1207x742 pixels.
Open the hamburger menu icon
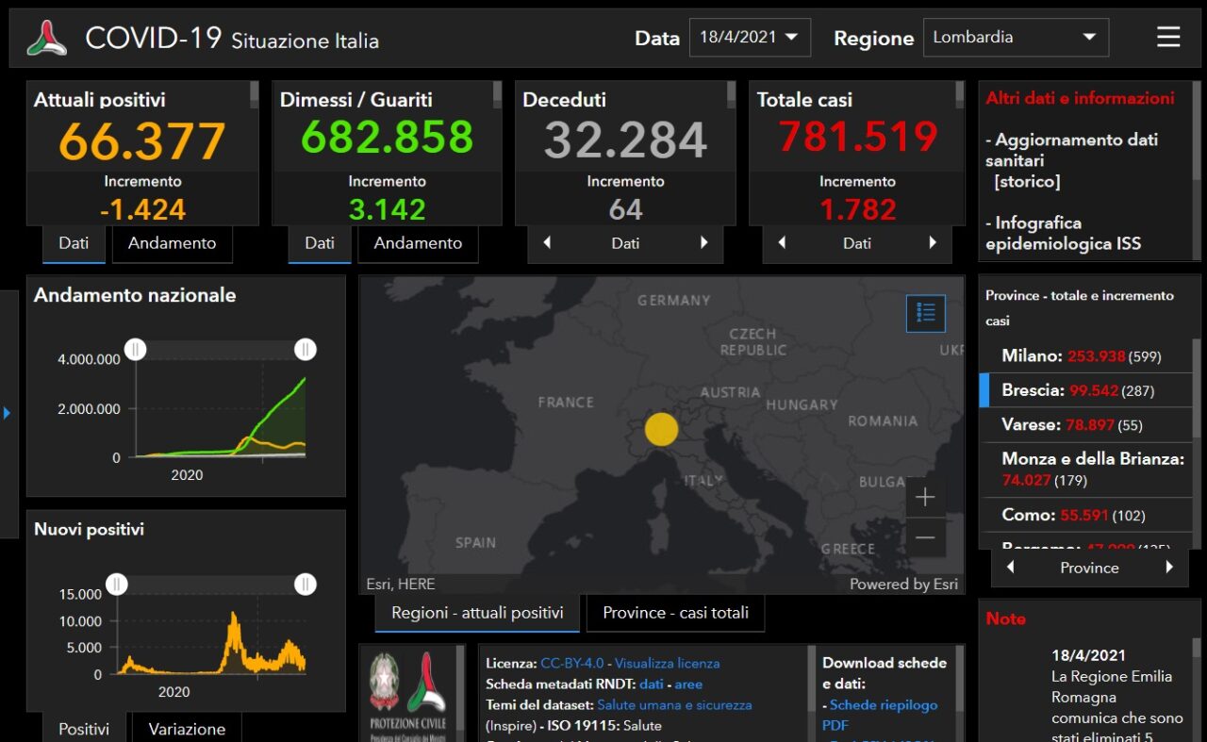click(x=1168, y=37)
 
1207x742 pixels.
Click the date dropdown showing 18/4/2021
click(x=749, y=38)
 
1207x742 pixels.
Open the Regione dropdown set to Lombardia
click(x=1016, y=38)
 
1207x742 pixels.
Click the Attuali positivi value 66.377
click(x=142, y=140)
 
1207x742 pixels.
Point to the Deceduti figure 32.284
click(x=625, y=140)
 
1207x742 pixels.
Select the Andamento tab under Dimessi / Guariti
click(x=418, y=243)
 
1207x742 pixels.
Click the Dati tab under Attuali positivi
click(x=74, y=243)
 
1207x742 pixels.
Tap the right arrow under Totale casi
click(x=933, y=243)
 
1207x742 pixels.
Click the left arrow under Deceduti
click(x=547, y=243)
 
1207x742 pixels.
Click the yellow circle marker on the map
click(x=661, y=429)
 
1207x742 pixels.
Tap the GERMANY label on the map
click(x=673, y=301)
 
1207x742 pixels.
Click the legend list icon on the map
click(x=925, y=313)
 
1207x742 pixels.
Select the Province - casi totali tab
click(x=675, y=613)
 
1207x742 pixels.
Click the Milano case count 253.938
click(x=1096, y=356)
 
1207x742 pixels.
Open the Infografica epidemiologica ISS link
click(x=1063, y=233)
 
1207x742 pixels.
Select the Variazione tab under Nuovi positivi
click(x=187, y=729)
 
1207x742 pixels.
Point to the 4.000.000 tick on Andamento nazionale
click(x=89, y=359)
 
